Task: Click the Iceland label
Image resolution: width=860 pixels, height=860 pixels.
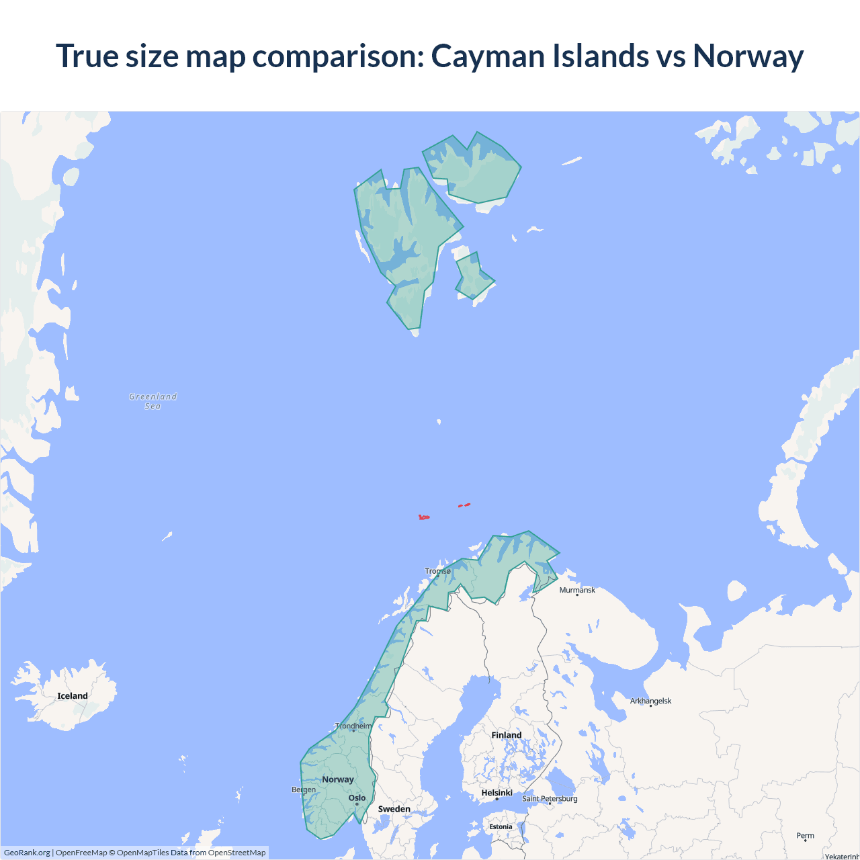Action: (x=73, y=696)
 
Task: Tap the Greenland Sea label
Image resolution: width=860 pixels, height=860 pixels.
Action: (x=153, y=401)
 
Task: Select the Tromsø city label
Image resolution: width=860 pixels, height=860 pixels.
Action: (x=438, y=571)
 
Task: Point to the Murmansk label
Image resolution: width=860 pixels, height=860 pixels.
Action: (x=577, y=590)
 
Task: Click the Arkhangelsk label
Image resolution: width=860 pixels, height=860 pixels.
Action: (x=650, y=701)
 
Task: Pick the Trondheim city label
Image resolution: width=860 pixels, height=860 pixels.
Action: (x=353, y=726)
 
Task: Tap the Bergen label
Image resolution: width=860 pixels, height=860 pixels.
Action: (x=304, y=789)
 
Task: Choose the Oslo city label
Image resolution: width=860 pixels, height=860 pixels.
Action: (x=357, y=798)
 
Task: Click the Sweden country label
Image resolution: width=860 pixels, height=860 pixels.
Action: (x=394, y=809)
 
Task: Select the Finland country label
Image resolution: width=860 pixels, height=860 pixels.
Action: (x=506, y=735)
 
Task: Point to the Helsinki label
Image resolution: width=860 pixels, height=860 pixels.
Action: (x=497, y=793)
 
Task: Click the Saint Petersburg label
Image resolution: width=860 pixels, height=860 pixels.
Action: (x=550, y=798)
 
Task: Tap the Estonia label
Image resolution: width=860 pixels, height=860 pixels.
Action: (x=501, y=826)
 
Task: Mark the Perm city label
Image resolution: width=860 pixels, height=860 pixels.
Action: (x=805, y=836)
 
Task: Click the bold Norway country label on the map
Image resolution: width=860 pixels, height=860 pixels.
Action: (x=337, y=779)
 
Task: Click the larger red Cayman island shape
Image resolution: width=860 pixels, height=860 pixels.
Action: (x=423, y=517)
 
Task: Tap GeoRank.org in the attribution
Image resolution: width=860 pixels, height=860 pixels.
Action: (x=27, y=853)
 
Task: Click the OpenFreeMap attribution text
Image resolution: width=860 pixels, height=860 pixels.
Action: (x=81, y=853)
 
